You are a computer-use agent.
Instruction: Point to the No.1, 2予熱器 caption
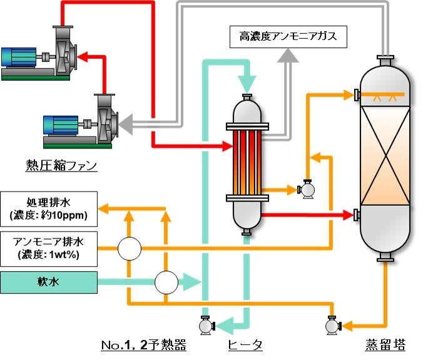[143, 345]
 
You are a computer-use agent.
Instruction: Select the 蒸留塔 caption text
[385, 345]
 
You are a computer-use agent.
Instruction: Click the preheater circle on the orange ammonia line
[130, 249]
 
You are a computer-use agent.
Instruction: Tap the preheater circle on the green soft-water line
[166, 282]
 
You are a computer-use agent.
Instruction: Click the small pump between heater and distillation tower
[307, 189]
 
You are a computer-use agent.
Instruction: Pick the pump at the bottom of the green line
[205, 325]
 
